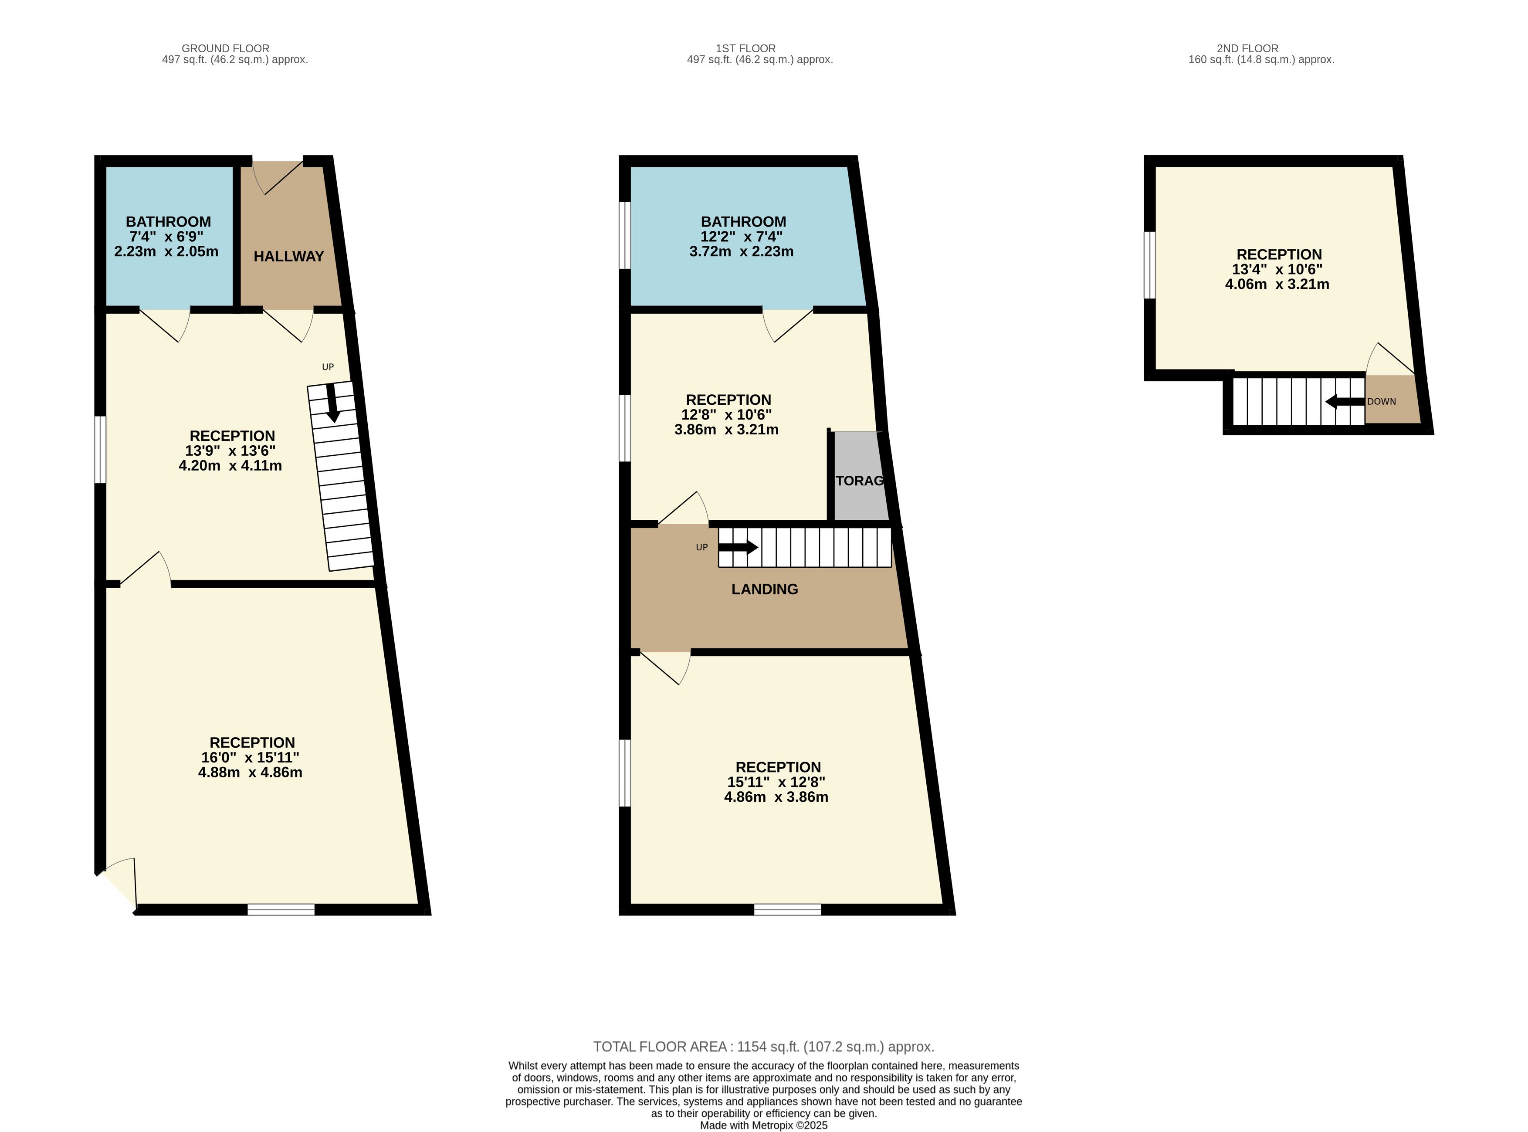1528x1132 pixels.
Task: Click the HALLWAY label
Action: pyautogui.click(x=288, y=256)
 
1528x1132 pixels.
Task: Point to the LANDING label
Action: pyautogui.click(x=765, y=589)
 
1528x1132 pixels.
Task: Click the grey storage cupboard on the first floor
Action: pyautogui.click(x=860, y=476)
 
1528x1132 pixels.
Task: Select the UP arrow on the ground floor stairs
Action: pyautogui.click(x=332, y=402)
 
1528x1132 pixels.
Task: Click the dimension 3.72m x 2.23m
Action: pyautogui.click(x=742, y=251)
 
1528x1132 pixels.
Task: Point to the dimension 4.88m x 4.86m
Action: pyautogui.click(x=250, y=772)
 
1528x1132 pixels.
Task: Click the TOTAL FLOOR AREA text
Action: pyautogui.click(x=763, y=1046)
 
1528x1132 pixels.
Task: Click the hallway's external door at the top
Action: pyautogui.click(x=278, y=177)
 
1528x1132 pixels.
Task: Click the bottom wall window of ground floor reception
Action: pyautogui.click(x=281, y=909)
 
